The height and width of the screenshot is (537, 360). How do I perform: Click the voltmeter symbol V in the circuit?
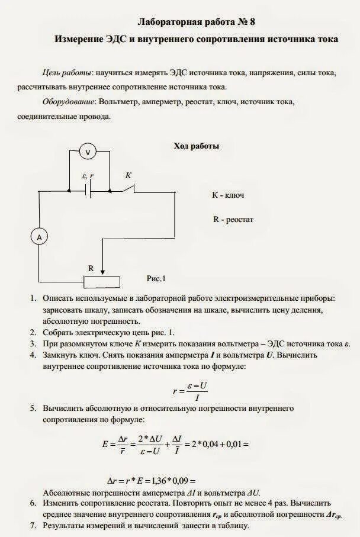[88, 152]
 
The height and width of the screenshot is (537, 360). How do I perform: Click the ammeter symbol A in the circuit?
[39, 237]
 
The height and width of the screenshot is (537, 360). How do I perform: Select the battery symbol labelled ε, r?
[88, 191]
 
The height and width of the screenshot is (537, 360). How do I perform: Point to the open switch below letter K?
[126, 189]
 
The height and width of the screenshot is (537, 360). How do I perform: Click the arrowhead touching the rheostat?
[103, 272]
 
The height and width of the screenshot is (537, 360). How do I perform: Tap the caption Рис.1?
[156, 278]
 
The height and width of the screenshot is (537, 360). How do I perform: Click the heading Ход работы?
[196, 146]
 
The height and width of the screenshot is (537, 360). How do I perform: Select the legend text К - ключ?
[229, 194]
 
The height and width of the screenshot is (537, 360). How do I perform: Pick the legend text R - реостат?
[233, 219]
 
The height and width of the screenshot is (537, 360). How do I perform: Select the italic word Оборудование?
[69, 102]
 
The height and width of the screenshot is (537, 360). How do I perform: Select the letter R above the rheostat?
[91, 268]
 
